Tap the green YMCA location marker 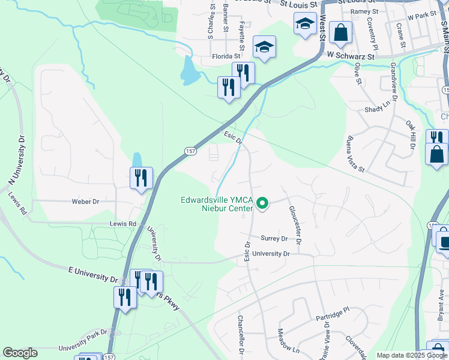[x=262, y=205]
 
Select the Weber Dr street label [x=85, y=202]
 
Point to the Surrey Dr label [x=274, y=238]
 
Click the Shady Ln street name [x=378, y=110]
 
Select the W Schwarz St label [x=351, y=55]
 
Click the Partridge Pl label [x=332, y=317]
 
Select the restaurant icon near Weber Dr [x=142, y=178]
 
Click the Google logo [x=20, y=353]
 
